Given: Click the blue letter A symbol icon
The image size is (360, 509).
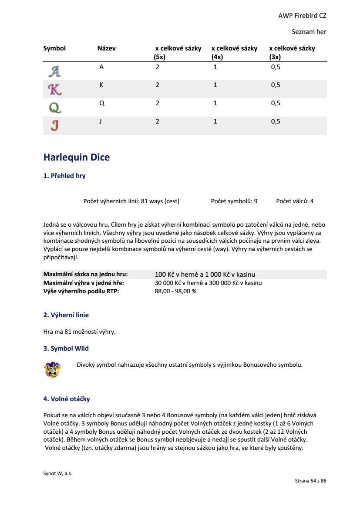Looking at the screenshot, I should coord(54,71).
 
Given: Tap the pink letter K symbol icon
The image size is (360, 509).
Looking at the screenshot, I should coord(54,89).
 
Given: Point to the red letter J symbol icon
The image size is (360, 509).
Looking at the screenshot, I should coord(54,126).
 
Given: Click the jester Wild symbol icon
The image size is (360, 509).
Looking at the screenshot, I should coord(52,369).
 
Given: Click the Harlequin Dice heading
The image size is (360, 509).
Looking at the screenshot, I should coord(77,157).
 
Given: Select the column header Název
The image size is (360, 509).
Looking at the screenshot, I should coord(107,48).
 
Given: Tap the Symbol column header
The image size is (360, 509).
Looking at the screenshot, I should coord(54,48).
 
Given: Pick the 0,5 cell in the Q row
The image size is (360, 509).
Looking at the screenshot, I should coord(276,104).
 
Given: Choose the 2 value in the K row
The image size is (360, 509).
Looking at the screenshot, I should coord(158,85).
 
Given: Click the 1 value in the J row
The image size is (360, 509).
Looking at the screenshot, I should coord(215,122).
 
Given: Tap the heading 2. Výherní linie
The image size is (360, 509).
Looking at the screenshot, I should coord(66,315).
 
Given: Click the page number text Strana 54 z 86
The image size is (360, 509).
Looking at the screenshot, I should coord(310,481).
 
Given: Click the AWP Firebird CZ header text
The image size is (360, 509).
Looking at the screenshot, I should coord(302,16).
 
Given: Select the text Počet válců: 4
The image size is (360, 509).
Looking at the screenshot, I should coord(295,201).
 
